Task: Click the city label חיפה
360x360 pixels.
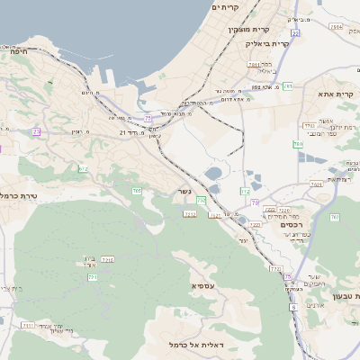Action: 20,51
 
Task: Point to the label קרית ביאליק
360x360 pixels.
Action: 269,43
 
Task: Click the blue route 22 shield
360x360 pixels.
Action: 295,33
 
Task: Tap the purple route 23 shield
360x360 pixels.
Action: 37,131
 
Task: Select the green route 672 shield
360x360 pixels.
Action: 84,168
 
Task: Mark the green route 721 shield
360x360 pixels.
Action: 93,277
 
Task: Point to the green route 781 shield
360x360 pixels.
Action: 298,144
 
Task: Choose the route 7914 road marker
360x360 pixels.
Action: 335,28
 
